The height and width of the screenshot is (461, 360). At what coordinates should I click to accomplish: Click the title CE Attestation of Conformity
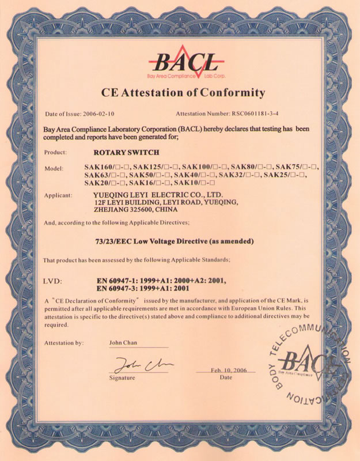click(x=183, y=92)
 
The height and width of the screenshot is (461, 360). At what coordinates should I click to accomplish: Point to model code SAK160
click(x=96, y=167)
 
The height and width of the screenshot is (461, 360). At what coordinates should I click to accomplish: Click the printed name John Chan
click(x=122, y=343)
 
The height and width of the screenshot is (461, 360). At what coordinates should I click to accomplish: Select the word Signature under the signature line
click(x=122, y=378)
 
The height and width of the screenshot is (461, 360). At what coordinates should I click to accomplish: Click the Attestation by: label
click(x=63, y=343)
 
